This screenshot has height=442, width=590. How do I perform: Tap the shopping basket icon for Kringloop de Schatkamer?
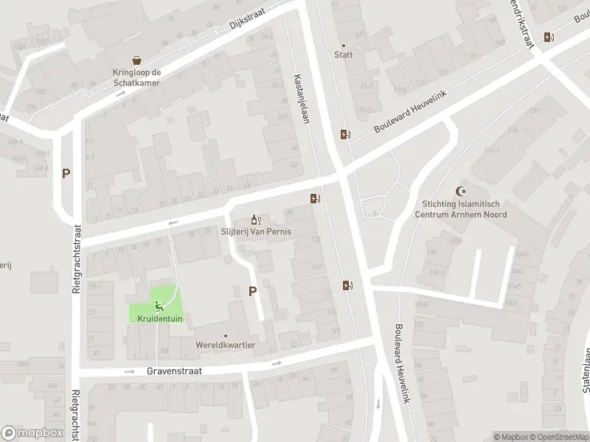coord(136,60)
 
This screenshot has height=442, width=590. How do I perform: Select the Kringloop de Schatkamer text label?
coord(136,78)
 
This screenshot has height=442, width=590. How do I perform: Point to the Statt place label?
coord(343,55)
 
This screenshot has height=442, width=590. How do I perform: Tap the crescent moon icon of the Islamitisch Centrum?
coord(462,191)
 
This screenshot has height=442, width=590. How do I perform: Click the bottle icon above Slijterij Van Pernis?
coord(256,220)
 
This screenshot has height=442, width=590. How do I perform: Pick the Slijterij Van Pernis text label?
coord(256,231)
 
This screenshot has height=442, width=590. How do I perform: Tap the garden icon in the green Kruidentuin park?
coord(157,306)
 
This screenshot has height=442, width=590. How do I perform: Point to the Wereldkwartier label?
coord(226,345)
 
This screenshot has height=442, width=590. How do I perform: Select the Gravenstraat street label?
coord(174,371)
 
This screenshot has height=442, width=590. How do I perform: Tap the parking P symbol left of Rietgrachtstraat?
coord(66,174)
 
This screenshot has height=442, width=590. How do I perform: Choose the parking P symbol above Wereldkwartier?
coord(252,291)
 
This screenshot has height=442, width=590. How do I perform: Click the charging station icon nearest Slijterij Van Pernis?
coord(315,197)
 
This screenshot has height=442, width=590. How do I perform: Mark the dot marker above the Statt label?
coord(343,45)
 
